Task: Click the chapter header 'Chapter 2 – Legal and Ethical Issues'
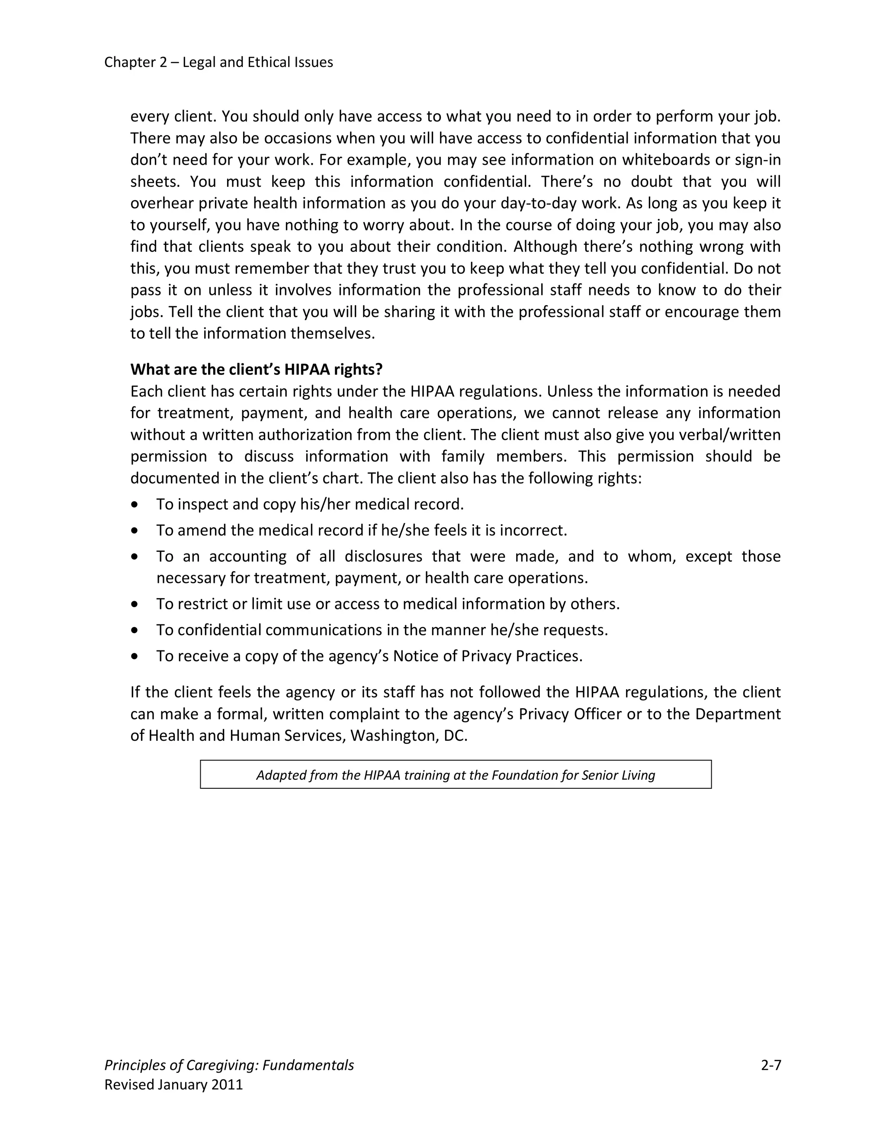point(218,62)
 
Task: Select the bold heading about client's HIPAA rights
point(256,369)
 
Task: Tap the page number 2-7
point(770,1065)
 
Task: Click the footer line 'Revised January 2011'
point(174,1085)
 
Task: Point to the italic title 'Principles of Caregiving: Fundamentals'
point(229,1065)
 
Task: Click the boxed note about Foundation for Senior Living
point(455,775)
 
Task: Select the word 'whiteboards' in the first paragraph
point(660,160)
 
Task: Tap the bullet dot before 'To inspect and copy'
point(135,504)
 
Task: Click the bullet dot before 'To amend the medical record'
point(135,531)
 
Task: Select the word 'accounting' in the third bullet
point(248,556)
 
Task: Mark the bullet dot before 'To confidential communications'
point(135,630)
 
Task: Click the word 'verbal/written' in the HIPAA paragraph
point(731,435)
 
